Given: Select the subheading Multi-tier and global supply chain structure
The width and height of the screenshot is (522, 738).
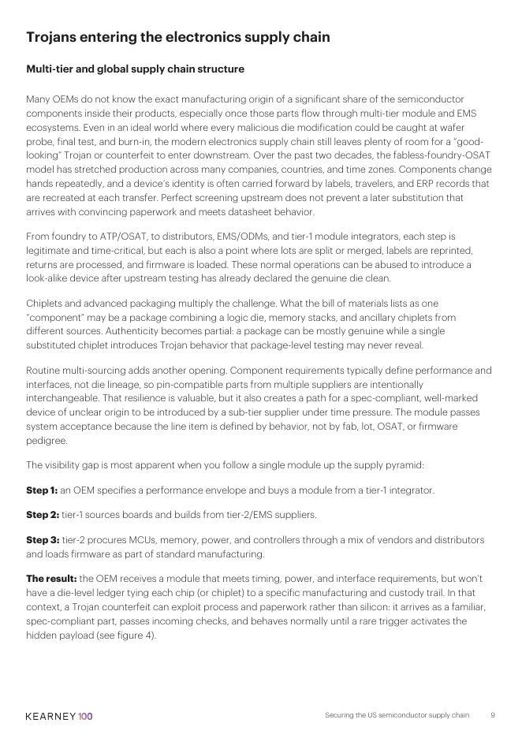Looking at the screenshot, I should click(135, 69).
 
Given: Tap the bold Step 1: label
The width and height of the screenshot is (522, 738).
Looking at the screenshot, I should click(42, 490).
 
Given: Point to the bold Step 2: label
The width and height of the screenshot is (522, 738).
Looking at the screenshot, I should click(43, 515).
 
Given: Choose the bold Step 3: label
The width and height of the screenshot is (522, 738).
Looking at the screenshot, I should click(43, 540).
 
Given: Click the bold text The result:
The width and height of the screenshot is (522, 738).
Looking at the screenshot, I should click(51, 579).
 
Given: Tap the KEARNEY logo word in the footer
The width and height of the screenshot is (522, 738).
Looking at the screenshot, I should click(50, 716).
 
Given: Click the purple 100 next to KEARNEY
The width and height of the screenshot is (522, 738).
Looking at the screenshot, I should click(85, 716).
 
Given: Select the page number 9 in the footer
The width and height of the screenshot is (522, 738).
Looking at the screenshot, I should click(493, 715).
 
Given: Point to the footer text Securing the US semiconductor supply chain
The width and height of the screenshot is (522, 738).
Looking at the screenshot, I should click(397, 715).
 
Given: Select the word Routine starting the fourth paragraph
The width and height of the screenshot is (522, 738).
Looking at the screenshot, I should click(43, 371).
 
